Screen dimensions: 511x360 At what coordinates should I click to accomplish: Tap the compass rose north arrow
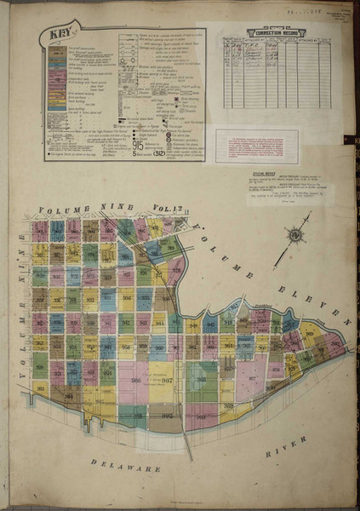tap(297, 233)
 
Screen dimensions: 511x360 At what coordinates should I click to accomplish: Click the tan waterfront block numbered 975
tap(164, 416)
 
